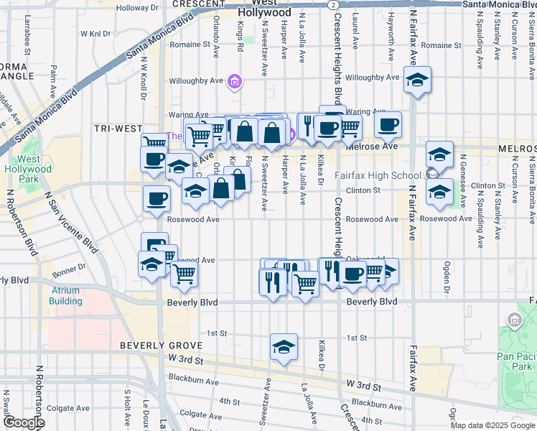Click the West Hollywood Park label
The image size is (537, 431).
pyautogui.click(x=29, y=168)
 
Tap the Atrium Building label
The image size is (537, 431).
pyautogui.click(x=66, y=296)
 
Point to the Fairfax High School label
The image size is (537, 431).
pyautogui.click(x=378, y=176)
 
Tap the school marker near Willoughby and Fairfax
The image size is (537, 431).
pyautogui.click(x=416, y=81)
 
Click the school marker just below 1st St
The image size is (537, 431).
pyautogui.click(x=284, y=348)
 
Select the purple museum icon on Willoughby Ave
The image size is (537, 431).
pyautogui.click(x=234, y=83)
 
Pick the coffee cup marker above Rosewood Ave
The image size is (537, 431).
pyautogui.click(x=157, y=199)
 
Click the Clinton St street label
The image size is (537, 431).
pyautogui.click(x=363, y=190)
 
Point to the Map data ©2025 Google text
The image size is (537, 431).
pyautogui.click(x=492, y=425)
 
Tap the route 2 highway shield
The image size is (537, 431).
pyautogui.click(x=333, y=4)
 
